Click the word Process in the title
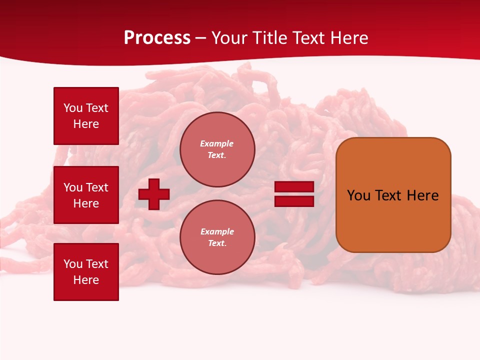pos(157,38)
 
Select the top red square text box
pos(86,116)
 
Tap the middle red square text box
pos(86,195)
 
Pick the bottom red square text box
pos(86,272)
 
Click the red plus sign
pos(154,194)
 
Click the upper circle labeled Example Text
pos(217,149)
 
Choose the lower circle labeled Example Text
pos(217,237)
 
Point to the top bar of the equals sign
pos(294,187)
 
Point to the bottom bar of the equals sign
pos(294,201)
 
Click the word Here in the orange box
pos(422,195)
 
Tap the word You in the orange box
pos(358,195)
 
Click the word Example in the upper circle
pos(217,143)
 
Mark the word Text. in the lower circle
pos(217,243)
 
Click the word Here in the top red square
pos(86,124)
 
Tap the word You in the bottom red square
pos(73,264)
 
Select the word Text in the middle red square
pos(97,187)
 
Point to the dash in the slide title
pos(201,38)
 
